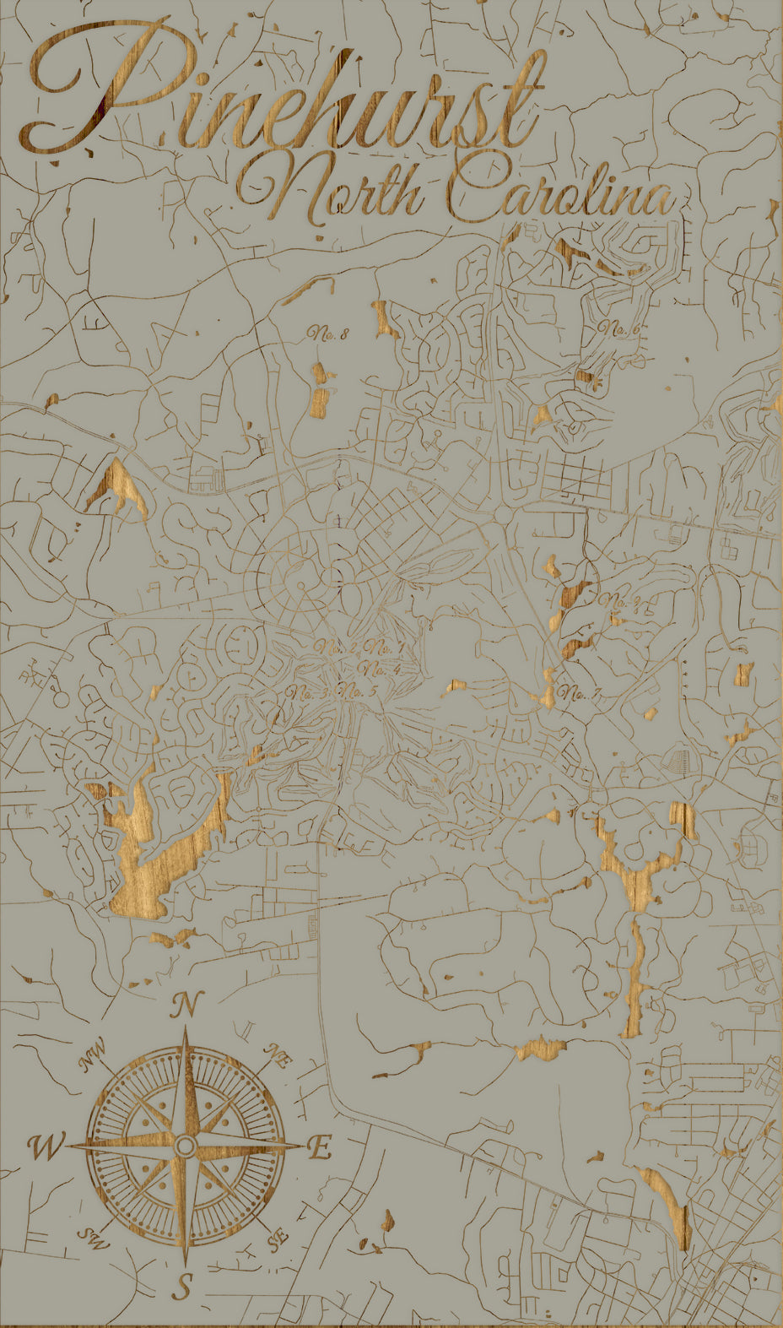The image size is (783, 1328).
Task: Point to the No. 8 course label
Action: [x=328, y=333]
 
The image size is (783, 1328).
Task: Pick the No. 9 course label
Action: [x=623, y=601]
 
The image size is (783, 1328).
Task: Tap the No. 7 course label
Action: [x=582, y=695]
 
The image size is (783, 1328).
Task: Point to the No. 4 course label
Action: [x=380, y=669]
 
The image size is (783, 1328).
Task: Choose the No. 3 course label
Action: [x=307, y=693]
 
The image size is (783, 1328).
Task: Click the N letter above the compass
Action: [x=187, y=1005]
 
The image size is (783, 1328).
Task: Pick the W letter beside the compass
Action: [x=46, y=1148]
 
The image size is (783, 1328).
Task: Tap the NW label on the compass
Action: [x=93, y=1055]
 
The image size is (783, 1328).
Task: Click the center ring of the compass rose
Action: [x=186, y=1146]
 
